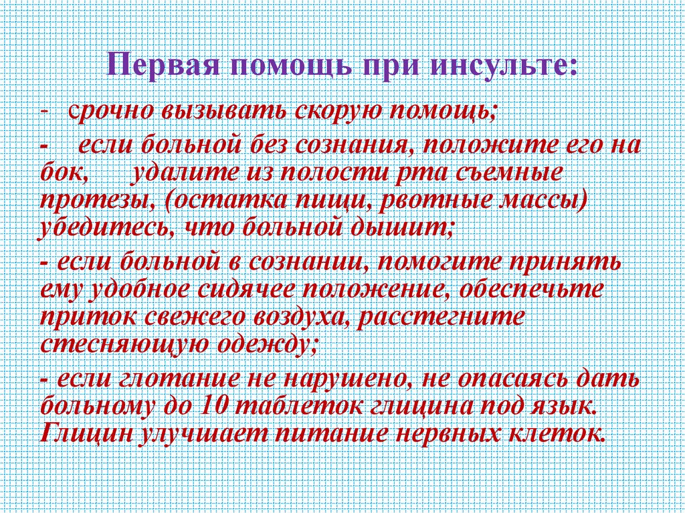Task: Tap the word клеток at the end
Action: tap(555, 435)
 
